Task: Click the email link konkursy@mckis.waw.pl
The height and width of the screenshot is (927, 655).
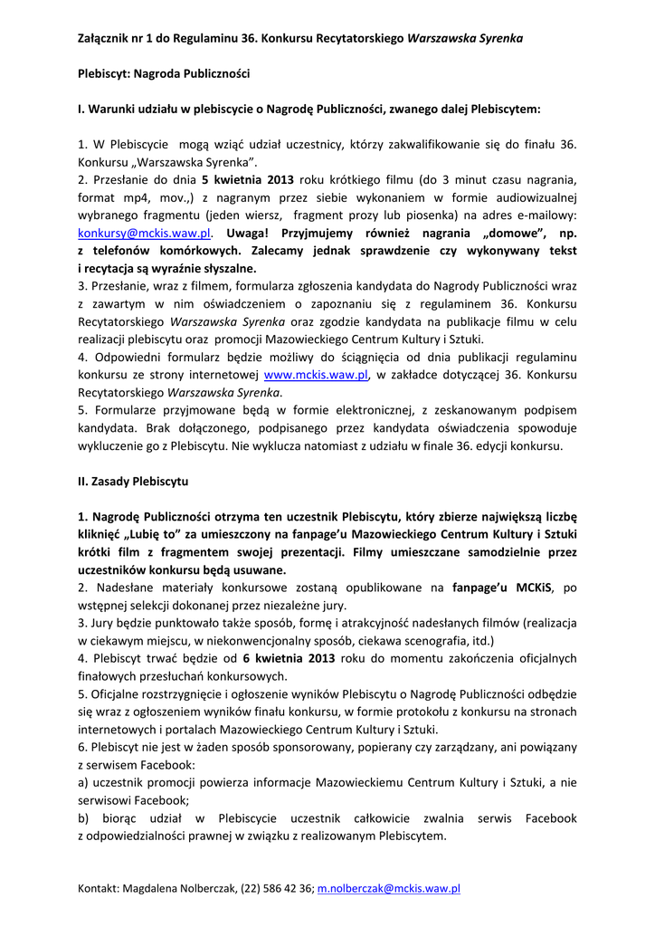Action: tap(144, 233)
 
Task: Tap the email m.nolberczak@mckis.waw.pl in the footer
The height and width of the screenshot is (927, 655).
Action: tap(388, 889)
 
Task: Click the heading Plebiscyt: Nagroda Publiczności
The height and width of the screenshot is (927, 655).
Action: tap(164, 73)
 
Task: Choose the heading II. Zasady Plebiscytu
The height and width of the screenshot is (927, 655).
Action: tap(133, 481)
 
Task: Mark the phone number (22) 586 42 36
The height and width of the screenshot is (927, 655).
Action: tap(277, 889)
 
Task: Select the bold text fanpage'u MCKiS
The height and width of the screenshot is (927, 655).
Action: tap(503, 588)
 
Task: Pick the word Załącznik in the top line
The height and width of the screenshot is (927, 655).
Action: tap(106, 38)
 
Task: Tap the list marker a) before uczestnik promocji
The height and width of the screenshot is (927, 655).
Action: tap(83, 782)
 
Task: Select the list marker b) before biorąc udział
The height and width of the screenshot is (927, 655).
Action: tap(84, 817)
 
